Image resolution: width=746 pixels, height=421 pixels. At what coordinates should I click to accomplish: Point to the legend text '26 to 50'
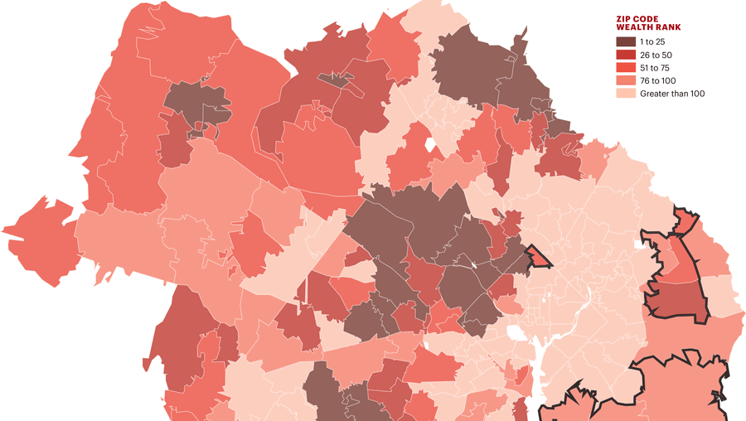pos(656,55)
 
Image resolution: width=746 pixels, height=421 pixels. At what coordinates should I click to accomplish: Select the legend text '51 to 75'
pos(656,68)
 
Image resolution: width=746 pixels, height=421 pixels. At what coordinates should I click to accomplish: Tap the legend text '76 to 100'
pos(658,80)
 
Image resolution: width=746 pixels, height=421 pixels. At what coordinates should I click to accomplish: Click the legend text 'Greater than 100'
pos(671,94)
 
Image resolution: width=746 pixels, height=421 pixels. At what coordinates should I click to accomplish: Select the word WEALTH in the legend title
pos(632,27)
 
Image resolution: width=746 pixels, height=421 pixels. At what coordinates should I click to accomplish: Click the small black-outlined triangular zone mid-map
pos(539,258)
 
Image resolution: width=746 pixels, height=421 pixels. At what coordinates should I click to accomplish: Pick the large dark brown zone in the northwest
pos(197,104)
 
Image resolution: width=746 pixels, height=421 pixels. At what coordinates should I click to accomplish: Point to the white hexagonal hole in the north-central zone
pos(429,148)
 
